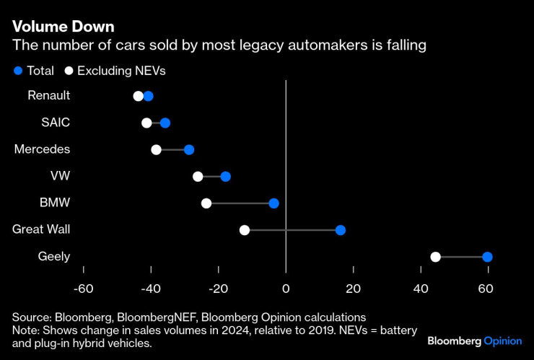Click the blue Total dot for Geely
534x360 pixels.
click(x=487, y=257)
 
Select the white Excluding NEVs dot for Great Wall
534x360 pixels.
click(x=245, y=230)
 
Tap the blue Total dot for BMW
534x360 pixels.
click(x=273, y=203)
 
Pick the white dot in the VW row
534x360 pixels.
click(x=198, y=177)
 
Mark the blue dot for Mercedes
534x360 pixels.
click(x=189, y=150)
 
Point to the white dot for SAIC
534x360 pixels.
click(x=146, y=123)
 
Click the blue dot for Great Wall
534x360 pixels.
click(x=341, y=230)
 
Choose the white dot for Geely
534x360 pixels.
click(x=435, y=257)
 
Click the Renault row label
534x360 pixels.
click(x=48, y=95)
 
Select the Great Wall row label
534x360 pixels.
click(x=41, y=229)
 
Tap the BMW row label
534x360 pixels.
click(x=55, y=203)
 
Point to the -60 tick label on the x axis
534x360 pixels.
click(x=83, y=289)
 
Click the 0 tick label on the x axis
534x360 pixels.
click(x=286, y=289)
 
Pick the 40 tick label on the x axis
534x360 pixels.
click(x=421, y=289)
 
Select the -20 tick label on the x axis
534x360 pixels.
click(x=218, y=289)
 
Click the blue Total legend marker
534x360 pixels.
click(x=18, y=71)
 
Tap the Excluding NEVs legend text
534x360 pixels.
click(x=121, y=71)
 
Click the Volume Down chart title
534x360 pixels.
click(x=62, y=27)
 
